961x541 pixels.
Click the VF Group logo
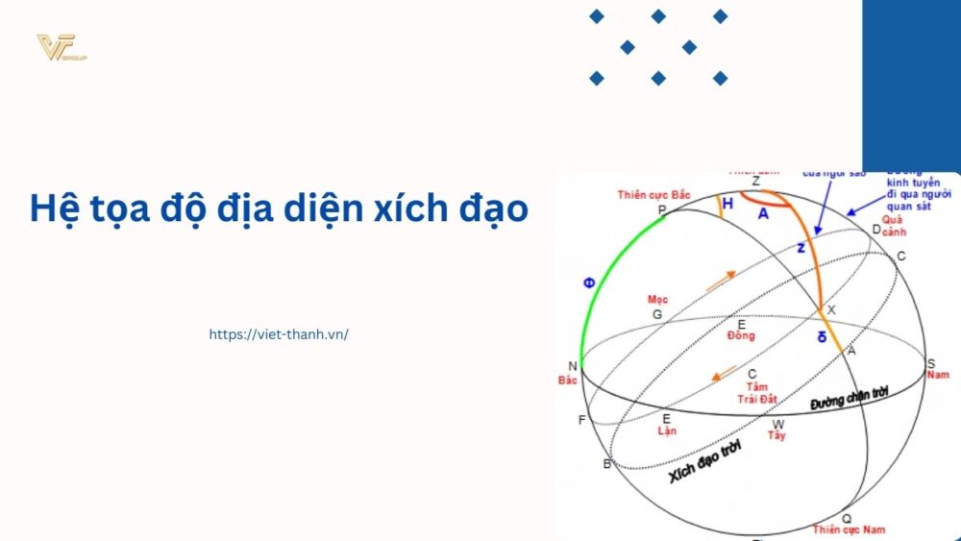pos(62,48)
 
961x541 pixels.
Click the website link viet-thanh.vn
pos(279,334)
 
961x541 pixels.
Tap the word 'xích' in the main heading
pos(429,208)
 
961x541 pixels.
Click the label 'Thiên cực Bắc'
pos(653,195)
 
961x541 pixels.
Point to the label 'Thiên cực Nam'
pos(849,529)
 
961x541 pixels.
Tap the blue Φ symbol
pos(588,283)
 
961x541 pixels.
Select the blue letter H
pos(727,204)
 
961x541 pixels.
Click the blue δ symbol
pos(821,337)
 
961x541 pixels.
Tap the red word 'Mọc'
pos(657,300)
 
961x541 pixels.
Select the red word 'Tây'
pos(776,435)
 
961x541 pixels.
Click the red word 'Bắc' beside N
pos(568,381)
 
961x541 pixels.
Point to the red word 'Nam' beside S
pos(937,375)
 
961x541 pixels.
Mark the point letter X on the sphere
pos(831,309)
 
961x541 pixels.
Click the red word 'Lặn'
pos(667,430)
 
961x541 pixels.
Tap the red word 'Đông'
pos(741,336)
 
